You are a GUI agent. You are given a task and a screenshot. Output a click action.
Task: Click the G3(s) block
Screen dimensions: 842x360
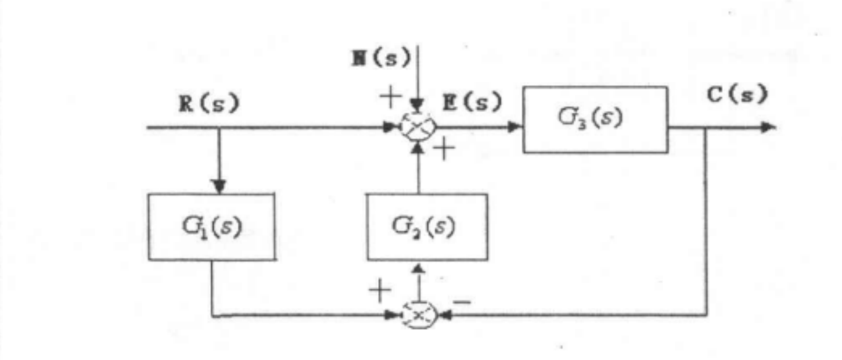pos(595,120)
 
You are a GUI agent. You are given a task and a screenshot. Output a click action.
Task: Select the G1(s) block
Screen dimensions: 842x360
pos(211,226)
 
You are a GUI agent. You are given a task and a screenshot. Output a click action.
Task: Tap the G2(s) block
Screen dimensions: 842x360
pos(427,226)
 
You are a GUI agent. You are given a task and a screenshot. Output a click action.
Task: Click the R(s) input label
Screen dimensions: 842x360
pos(209,103)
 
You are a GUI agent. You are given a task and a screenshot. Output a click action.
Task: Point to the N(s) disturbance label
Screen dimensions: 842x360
pos(381,58)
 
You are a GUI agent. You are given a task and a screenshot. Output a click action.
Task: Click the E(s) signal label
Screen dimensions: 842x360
pos(472,102)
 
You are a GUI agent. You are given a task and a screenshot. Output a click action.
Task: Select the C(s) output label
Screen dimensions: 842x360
pos(737,93)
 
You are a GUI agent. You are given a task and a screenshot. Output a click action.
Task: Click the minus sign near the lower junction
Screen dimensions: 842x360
pos(462,301)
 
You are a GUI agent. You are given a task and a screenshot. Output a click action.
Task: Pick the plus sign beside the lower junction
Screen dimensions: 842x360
pos(380,290)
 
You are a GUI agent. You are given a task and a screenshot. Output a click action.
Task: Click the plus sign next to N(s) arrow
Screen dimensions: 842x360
pos(391,96)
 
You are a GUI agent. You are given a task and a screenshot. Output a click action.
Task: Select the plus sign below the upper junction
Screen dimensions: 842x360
pos(444,149)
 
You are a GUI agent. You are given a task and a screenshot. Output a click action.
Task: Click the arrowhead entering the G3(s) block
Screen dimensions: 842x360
pos(514,127)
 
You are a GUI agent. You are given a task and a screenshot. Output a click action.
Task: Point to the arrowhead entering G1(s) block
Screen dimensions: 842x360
pos(219,186)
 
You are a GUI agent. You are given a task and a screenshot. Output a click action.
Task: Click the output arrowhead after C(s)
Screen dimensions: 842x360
pos(768,127)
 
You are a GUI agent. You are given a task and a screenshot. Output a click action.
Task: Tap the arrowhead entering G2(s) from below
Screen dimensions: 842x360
pos(418,268)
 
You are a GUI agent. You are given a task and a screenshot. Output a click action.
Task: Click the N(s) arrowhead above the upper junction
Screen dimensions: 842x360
pos(417,106)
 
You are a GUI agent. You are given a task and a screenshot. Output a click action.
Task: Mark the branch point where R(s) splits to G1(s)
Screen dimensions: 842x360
pos(219,128)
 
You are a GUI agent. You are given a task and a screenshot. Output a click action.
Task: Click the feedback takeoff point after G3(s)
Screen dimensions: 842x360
pos(707,128)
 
